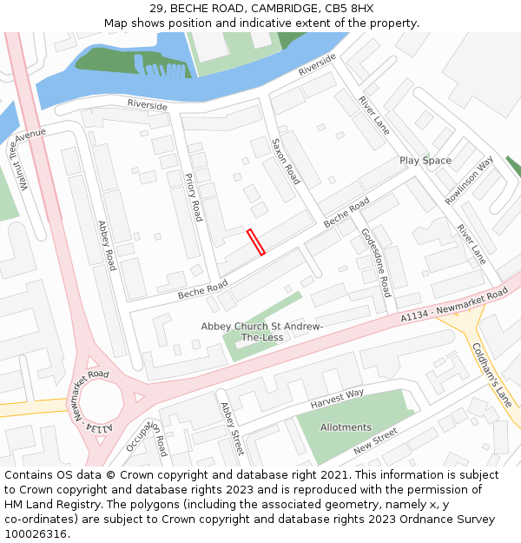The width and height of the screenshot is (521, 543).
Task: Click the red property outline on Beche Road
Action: click(x=256, y=242)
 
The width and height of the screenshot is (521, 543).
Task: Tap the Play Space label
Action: click(x=425, y=161)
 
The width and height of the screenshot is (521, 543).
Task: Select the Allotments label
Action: click(x=346, y=427)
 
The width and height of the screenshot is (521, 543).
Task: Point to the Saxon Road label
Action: click(x=285, y=162)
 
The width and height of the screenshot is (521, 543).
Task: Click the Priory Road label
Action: click(x=193, y=197)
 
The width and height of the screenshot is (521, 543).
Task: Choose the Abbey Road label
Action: click(x=106, y=245)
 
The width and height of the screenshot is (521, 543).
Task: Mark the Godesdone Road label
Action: click(x=376, y=262)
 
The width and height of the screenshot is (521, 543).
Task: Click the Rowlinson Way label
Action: click(x=469, y=181)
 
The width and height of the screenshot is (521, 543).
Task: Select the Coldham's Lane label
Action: click(x=491, y=374)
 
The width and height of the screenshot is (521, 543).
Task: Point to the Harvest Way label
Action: click(x=337, y=399)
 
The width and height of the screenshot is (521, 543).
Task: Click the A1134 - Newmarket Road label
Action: click(x=454, y=308)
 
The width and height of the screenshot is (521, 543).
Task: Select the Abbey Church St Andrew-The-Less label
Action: click(x=262, y=331)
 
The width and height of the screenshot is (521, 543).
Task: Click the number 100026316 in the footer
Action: click(x=36, y=533)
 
